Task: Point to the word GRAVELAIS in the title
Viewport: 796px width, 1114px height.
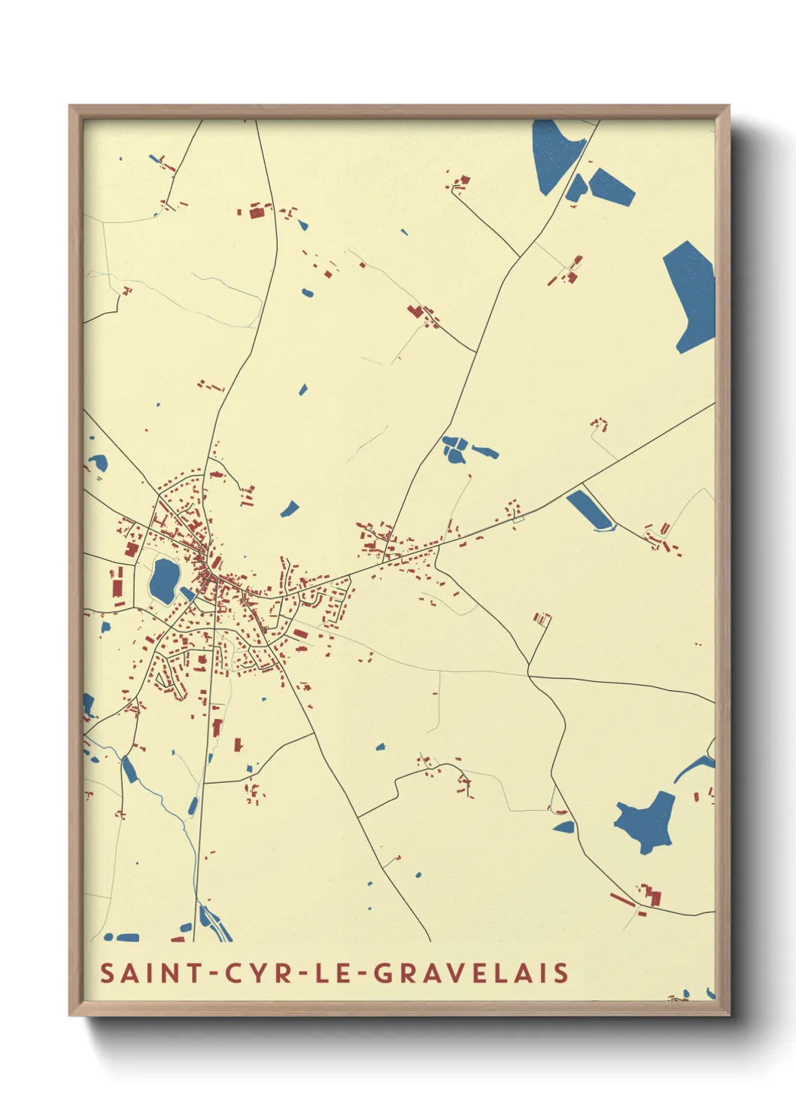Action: click(471, 972)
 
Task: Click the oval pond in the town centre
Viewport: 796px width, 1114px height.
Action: click(163, 580)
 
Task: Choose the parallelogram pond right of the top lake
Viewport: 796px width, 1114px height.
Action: click(611, 187)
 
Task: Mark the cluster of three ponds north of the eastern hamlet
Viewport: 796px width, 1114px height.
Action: click(460, 449)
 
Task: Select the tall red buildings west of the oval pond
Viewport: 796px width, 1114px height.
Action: click(117, 583)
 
